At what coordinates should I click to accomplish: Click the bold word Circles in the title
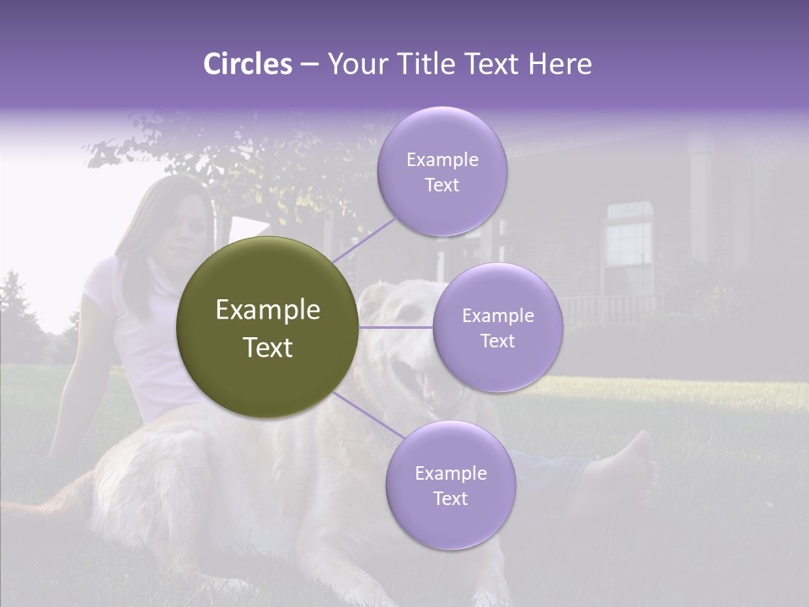point(248,64)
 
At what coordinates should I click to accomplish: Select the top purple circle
point(442,172)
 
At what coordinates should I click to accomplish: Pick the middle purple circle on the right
point(497,328)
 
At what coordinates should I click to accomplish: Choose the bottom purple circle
point(450,486)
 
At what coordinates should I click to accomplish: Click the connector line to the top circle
point(363,239)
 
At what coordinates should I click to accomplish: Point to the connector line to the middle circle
point(395,327)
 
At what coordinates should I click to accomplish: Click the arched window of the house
point(630,236)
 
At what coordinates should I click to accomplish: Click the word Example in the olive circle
point(267,310)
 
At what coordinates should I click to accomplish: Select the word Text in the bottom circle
point(450,498)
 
